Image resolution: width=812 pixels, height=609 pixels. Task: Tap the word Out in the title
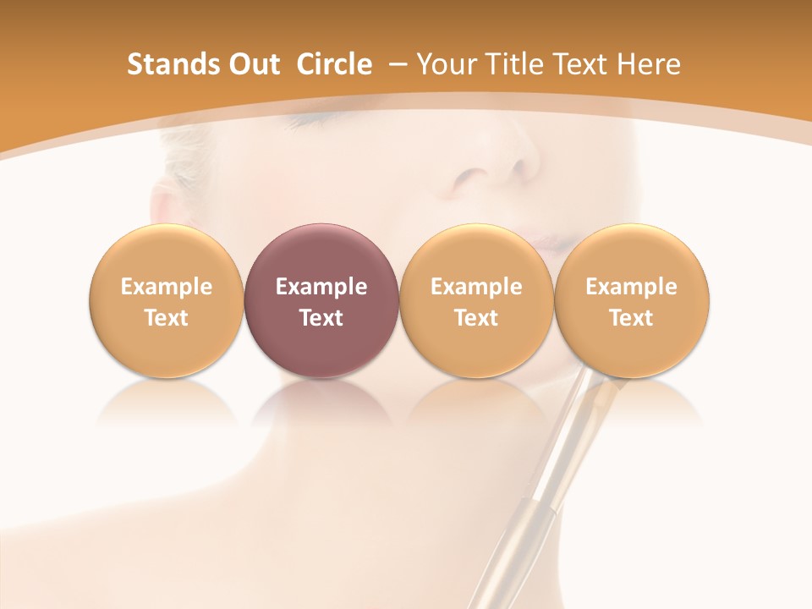(x=255, y=64)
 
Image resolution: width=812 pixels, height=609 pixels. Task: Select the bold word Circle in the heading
(x=334, y=64)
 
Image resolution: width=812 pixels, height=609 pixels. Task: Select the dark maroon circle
(x=321, y=254)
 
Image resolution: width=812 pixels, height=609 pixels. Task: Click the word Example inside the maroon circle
(x=321, y=287)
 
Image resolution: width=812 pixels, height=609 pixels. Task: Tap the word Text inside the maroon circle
(x=321, y=318)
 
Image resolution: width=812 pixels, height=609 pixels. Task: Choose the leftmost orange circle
(x=167, y=254)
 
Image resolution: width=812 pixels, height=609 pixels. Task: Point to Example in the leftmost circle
(x=167, y=287)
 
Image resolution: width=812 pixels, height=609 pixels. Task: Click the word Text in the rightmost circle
(x=631, y=318)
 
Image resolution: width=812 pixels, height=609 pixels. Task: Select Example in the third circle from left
(x=476, y=287)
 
